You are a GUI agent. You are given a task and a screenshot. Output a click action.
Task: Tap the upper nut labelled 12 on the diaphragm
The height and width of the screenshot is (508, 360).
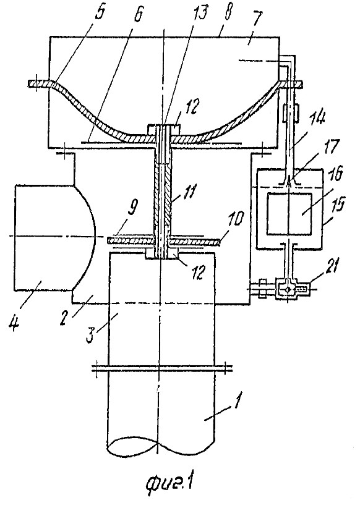[164, 129]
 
